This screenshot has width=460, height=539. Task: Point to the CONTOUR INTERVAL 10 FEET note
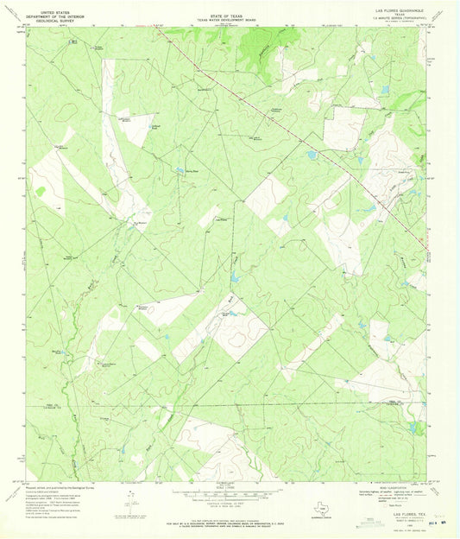pos(227,504)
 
